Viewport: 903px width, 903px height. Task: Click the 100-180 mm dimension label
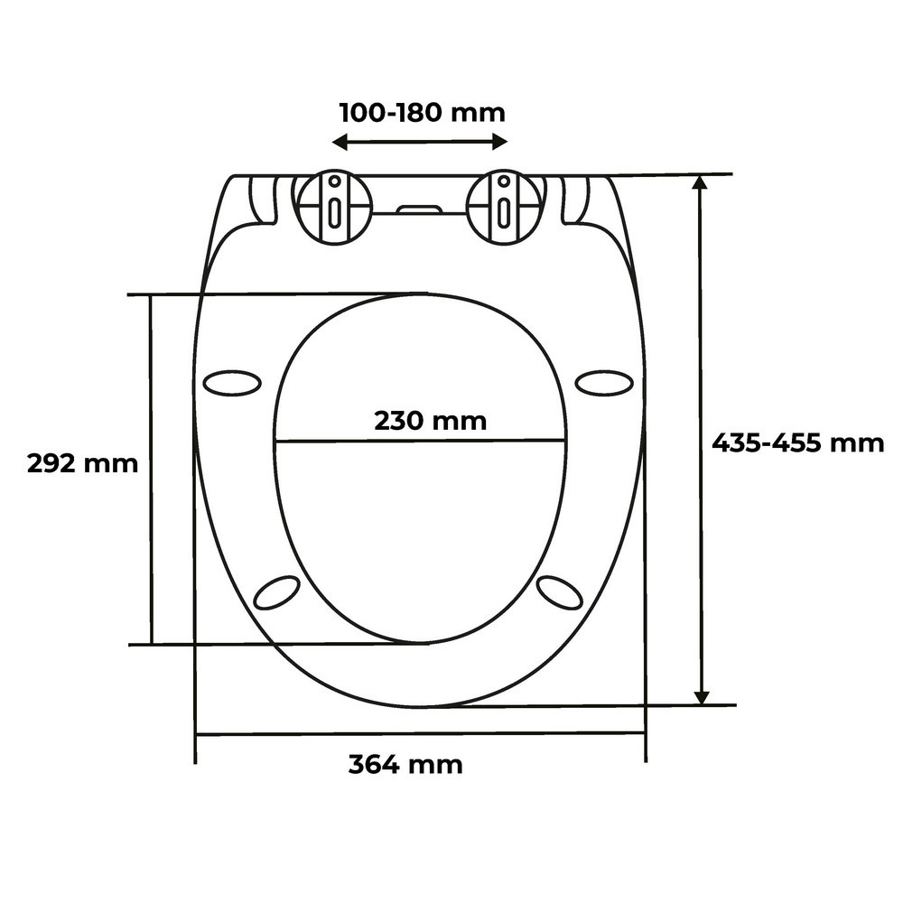(x=422, y=113)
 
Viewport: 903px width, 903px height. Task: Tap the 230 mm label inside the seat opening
(x=430, y=421)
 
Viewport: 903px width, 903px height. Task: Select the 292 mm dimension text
(x=83, y=463)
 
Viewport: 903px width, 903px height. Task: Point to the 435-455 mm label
(x=798, y=442)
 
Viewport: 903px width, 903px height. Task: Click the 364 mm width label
(x=405, y=765)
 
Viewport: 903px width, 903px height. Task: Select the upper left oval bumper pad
(x=233, y=383)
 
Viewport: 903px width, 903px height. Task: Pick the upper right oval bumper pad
(x=605, y=383)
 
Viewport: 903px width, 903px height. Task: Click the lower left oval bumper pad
(x=277, y=591)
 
